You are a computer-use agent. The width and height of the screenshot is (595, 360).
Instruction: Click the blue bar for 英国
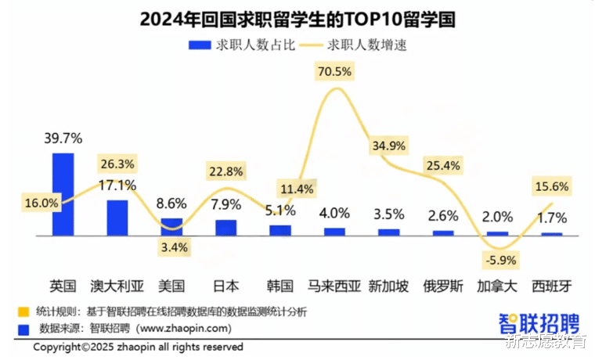coord(63,194)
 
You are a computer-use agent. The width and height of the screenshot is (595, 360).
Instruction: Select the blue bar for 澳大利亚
coord(117,218)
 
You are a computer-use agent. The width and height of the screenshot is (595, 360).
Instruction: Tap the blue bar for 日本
coord(225,227)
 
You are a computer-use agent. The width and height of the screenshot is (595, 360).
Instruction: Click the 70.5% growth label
coord(335,71)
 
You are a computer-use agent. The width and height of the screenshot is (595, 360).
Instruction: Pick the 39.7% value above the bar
coord(63,139)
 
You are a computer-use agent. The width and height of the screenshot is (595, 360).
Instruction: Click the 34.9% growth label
coord(389,146)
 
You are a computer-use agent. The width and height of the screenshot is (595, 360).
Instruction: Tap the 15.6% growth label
coord(551,186)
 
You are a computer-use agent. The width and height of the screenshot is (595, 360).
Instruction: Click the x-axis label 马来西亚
coord(335,285)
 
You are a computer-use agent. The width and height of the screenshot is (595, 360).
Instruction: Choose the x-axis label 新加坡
coord(389,285)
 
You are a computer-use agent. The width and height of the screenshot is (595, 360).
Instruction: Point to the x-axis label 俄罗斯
coord(443,285)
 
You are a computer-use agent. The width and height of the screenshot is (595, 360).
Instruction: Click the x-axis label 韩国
coord(280,285)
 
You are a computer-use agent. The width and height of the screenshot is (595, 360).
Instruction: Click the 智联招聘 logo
coord(539,322)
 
